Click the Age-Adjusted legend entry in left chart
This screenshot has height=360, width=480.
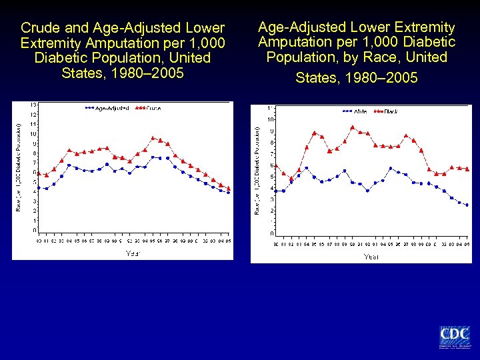pyautogui.click(x=107, y=108)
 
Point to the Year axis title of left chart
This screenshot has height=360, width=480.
pyautogui.click(x=133, y=253)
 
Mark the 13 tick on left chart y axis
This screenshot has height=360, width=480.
pyautogui.click(x=33, y=105)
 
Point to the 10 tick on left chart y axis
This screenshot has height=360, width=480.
pyautogui.click(x=33, y=134)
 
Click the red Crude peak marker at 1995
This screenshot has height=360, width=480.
pyautogui.click(x=153, y=138)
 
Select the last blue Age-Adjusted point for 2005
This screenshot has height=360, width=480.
pyautogui.click(x=228, y=192)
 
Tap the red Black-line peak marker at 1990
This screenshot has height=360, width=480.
pyautogui.click(x=353, y=127)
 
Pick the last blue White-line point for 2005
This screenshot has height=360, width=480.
pyautogui.click(x=467, y=205)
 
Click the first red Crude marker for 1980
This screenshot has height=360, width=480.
pyautogui.click(x=39, y=173)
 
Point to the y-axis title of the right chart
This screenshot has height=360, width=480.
pyautogui.click(x=258, y=170)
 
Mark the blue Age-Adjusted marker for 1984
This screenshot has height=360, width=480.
pyautogui.click(x=69, y=165)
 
